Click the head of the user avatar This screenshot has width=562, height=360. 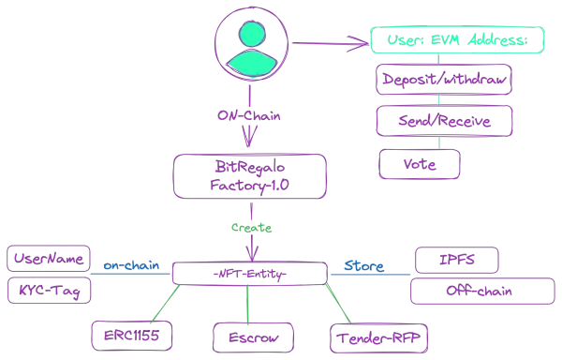pos(250,33)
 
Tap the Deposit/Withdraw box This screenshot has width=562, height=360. pos(445,81)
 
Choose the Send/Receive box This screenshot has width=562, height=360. pos(445,122)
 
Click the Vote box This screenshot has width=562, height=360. pos(421,163)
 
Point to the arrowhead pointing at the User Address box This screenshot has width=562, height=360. pos(363,41)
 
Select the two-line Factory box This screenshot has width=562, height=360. pos(249,175)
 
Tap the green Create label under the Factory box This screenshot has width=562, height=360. pos(249,228)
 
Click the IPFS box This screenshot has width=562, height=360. pos(458,259)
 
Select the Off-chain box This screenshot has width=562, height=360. pos(476,292)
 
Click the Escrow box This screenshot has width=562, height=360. pos(249,336)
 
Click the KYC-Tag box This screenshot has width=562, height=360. pos(52,292)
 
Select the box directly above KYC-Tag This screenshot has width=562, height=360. pos(52,257)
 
